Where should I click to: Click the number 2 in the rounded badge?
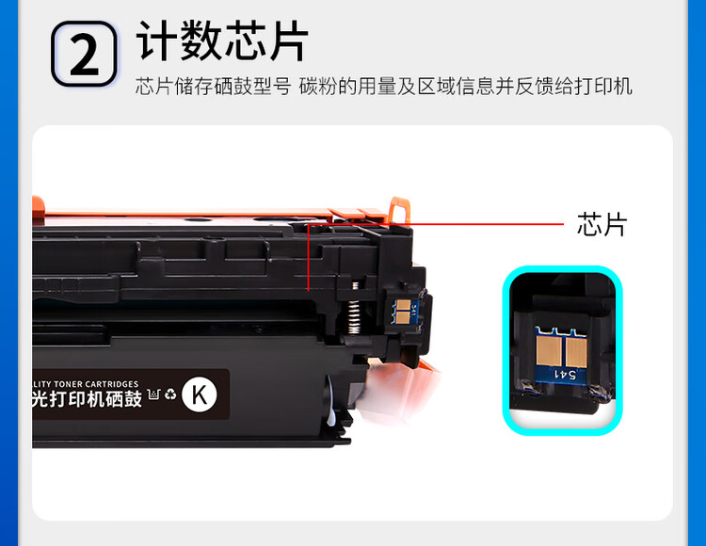84,55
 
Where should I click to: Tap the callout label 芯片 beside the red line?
601,224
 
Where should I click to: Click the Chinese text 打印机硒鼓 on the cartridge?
94,399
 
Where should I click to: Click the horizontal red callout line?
442,224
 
